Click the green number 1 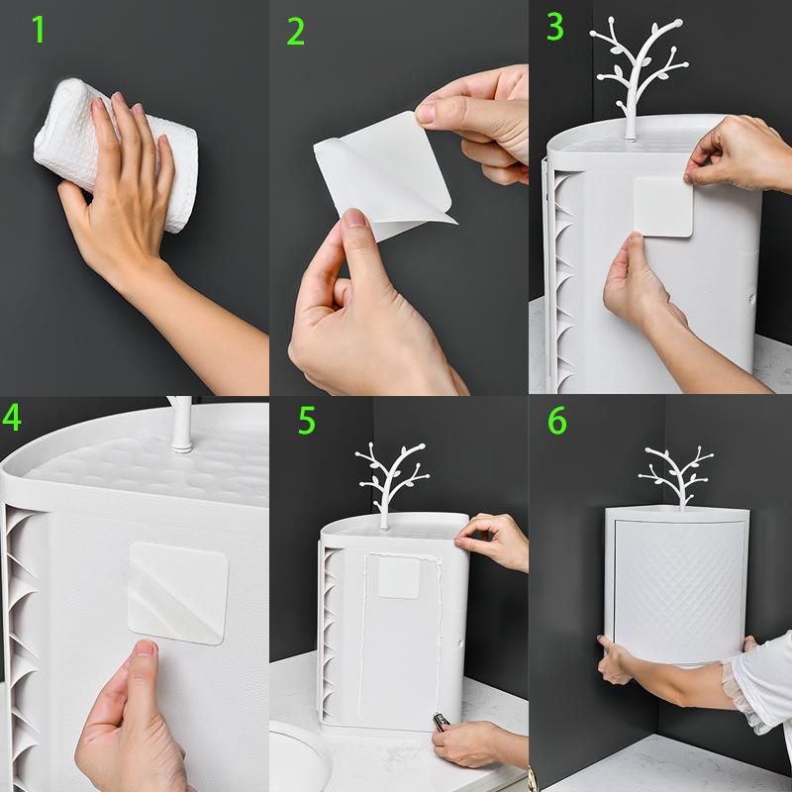click(39, 30)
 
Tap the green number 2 click(296, 32)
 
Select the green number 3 click(555, 27)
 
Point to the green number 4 click(12, 417)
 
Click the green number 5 click(307, 420)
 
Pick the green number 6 click(557, 421)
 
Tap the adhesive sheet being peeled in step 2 click(385, 174)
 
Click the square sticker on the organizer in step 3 click(663, 207)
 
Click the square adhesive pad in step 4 click(178, 593)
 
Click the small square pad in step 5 click(399, 577)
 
